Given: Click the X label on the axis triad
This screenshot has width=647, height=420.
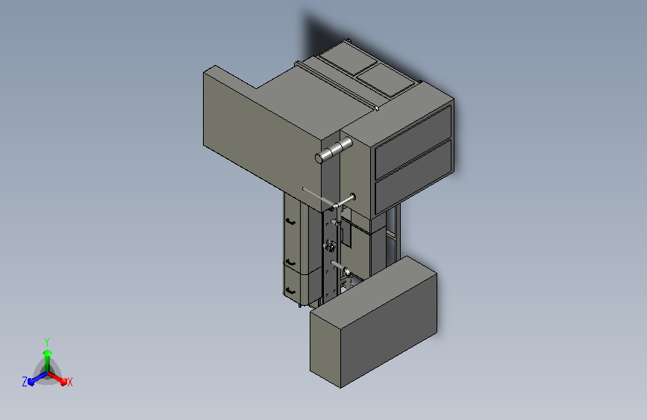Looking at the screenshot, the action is pyautogui.click(x=69, y=382).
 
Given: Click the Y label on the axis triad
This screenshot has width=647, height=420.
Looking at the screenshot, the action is pyautogui.click(x=47, y=342).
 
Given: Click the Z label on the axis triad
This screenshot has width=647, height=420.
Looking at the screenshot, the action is pyautogui.click(x=25, y=382).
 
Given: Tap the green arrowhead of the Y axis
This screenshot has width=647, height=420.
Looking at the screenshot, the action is pyautogui.click(x=48, y=353).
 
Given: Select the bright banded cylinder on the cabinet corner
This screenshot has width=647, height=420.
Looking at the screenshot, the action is pyautogui.click(x=334, y=150).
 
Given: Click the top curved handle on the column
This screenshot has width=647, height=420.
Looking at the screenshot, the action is pyautogui.click(x=290, y=222).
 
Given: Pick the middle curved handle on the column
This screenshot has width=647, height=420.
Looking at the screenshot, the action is pyautogui.click(x=290, y=262).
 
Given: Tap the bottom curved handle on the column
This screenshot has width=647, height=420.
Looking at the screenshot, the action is pyautogui.click(x=290, y=291).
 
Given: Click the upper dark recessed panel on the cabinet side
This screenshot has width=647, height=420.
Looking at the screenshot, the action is pyautogui.click(x=413, y=143).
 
